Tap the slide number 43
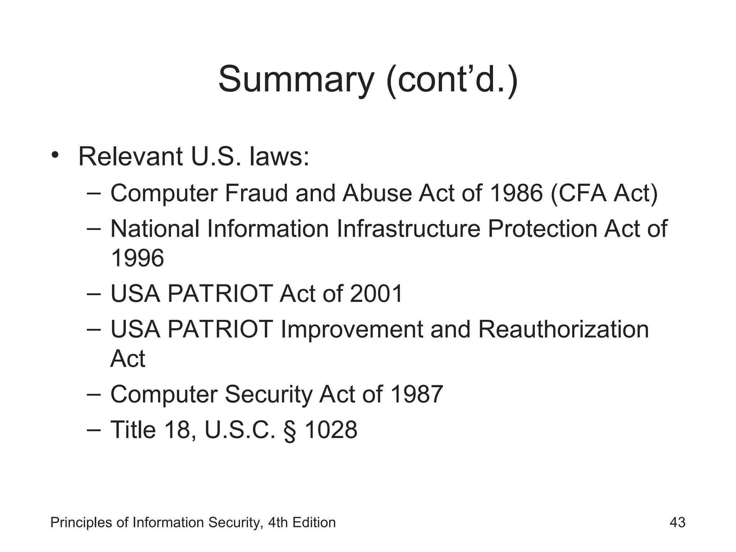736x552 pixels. [677, 522]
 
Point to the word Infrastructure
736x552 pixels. [408, 229]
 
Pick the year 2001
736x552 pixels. [376, 294]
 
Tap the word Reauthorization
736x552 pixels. [563, 329]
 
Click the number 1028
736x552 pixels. [331, 430]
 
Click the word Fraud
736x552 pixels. [256, 193]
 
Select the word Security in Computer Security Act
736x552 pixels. [268, 394]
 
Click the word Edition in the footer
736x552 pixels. [314, 522]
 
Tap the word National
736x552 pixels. [155, 229]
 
